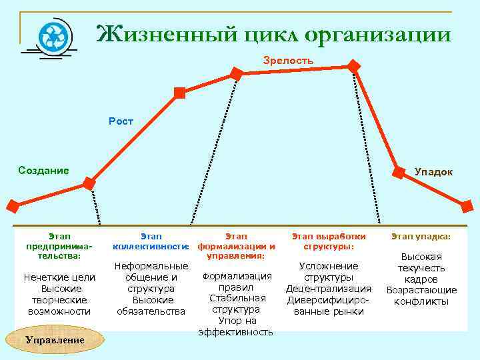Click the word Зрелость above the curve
(288, 61)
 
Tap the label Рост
(121, 121)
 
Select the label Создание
(43, 170)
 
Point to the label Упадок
(433, 172)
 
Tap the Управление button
(55, 340)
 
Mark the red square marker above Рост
(179, 93)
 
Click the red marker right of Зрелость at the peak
(354, 67)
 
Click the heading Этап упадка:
(421, 237)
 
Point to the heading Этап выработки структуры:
(329, 241)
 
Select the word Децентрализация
(329, 289)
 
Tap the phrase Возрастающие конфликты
(421, 295)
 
